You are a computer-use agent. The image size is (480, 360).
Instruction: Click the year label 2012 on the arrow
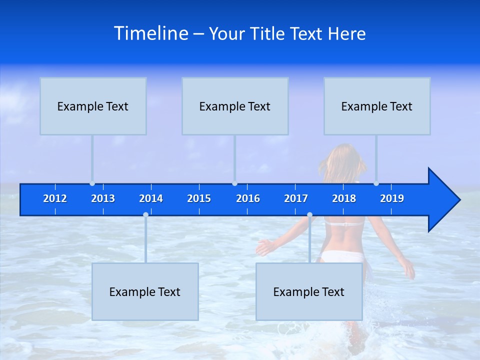55,198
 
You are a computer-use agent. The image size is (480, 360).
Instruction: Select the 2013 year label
103,198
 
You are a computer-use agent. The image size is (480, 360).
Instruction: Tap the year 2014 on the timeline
151,198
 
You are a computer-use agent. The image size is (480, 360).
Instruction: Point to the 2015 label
199,198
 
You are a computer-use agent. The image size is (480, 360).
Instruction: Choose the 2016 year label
248,198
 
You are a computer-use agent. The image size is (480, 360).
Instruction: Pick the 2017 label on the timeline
296,198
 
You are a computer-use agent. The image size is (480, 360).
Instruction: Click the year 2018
344,198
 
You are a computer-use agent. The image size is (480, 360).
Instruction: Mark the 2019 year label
392,198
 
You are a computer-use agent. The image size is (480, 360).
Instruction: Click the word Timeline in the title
151,33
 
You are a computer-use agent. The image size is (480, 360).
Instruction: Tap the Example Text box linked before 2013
93,106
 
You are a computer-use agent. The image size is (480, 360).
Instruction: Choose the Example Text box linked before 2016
235,106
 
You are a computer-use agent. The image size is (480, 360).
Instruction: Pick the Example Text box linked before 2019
377,106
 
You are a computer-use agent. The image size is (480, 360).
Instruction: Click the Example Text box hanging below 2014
145,291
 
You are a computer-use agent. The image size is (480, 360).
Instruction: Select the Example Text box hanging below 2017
309,291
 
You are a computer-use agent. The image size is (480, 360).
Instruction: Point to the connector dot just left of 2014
145,214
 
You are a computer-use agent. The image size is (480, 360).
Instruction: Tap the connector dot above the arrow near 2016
234,183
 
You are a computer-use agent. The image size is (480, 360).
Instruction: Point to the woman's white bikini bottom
340,256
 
